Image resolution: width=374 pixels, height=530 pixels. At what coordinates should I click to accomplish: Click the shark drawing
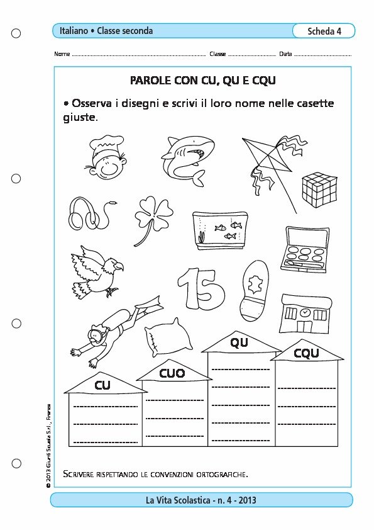click(188, 159)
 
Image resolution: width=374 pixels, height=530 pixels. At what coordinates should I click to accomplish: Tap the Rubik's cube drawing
click(319, 189)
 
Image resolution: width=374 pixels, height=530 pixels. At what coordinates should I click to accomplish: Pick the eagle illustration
click(97, 272)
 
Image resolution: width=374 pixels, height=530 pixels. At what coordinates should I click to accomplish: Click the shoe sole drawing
click(254, 290)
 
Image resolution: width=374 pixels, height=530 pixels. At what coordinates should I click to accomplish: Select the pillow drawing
click(168, 335)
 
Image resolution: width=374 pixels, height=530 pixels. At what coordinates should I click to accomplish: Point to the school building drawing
click(305, 313)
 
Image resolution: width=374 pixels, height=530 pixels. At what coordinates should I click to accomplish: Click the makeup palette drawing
click(305, 249)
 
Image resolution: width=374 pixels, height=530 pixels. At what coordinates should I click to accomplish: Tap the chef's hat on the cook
click(106, 144)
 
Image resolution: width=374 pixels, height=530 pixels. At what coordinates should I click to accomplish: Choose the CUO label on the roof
click(172, 373)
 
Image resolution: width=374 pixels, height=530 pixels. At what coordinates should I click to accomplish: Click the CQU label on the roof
click(306, 353)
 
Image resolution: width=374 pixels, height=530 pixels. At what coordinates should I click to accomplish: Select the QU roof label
click(239, 343)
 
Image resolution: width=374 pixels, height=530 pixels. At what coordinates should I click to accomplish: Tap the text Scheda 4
click(324, 31)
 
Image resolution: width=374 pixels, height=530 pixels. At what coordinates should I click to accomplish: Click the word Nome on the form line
click(62, 54)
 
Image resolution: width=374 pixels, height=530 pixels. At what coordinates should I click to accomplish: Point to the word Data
click(285, 54)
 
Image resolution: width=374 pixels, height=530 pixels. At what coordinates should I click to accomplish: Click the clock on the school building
click(305, 313)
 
